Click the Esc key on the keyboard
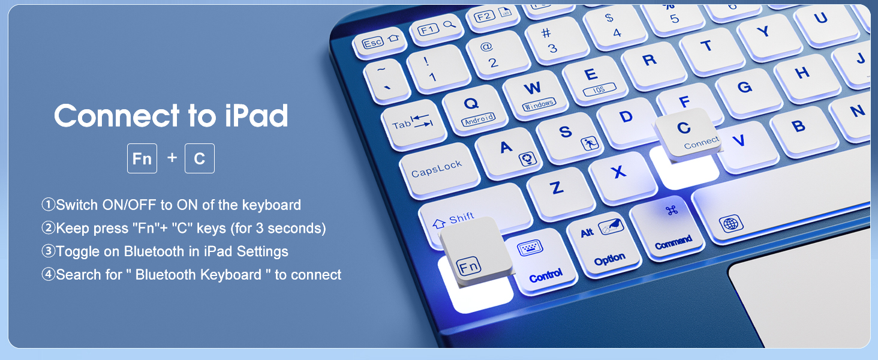coord(376,43)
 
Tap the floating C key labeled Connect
coord(688,133)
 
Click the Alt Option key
coord(603,242)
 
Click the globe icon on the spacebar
coord(730,224)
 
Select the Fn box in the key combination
coord(142,159)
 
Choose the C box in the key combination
coord(200,159)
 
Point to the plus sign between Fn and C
coord(172,158)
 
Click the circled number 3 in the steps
coord(48,251)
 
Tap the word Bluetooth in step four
coord(165,275)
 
